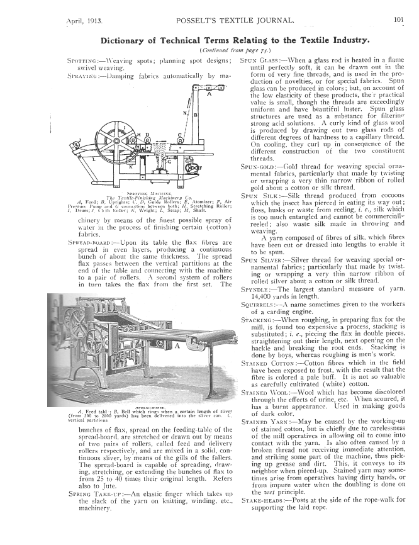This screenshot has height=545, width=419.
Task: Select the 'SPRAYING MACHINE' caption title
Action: [136, 193]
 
